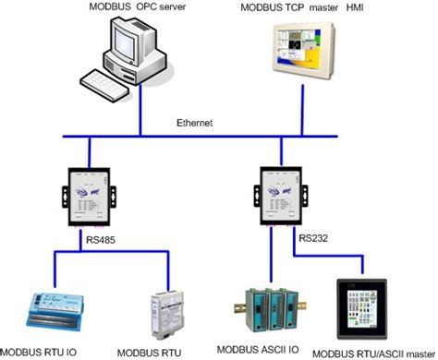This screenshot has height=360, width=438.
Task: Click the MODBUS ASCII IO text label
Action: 268,351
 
